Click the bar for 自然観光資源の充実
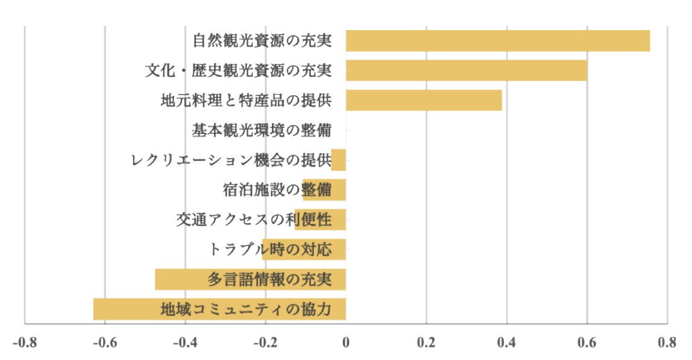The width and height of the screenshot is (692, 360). tap(497, 40)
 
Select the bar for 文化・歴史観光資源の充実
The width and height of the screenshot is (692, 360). tap(466, 71)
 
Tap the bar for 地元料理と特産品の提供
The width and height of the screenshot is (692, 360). tap(424, 100)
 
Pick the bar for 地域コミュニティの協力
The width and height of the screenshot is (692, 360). tap(219, 309)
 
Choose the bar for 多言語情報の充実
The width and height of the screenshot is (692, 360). tap(250, 280)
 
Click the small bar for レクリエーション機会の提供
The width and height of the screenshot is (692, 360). tap(339, 160)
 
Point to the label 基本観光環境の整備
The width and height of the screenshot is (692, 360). tap(262, 130)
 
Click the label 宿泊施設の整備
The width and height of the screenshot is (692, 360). tap(277, 190)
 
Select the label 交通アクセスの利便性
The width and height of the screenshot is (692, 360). tap(254, 219)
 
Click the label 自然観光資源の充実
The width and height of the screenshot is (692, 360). tap(262, 41)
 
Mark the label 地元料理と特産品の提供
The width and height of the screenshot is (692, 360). tap(246, 100)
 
